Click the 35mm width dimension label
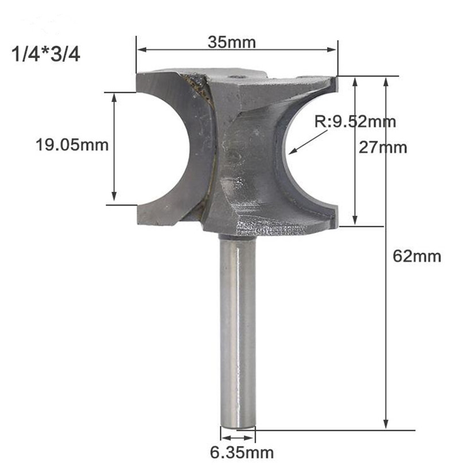pyautogui.click(x=231, y=42)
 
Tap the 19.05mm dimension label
pyautogui.click(x=72, y=145)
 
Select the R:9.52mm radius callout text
pyautogui.click(x=355, y=121)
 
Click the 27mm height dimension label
pyautogui.click(x=383, y=147)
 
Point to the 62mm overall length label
pyautogui.click(x=417, y=256)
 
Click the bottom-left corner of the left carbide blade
pyautogui.click(x=139, y=223)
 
